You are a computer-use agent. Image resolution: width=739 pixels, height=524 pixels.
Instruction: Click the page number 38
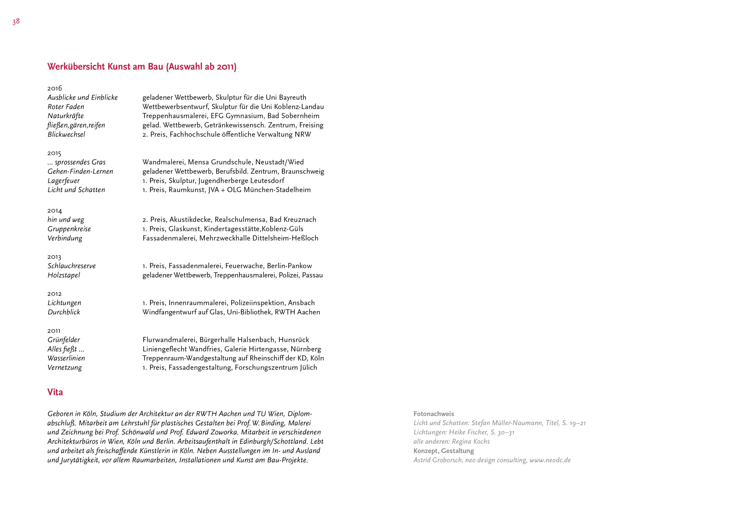pyautogui.click(x=16, y=22)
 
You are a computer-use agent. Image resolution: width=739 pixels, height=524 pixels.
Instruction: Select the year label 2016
pyautogui.click(x=55, y=88)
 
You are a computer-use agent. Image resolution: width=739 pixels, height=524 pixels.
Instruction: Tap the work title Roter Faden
pyautogui.click(x=66, y=107)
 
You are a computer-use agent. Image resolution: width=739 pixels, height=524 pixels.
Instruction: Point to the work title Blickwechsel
pyautogui.click(x=67, y=135)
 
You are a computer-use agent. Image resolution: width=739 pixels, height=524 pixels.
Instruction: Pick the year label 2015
pyautogui.click(x=54, y=153)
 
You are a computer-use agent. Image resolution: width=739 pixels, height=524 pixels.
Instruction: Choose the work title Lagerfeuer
pyautogui.click(x=64, y=181)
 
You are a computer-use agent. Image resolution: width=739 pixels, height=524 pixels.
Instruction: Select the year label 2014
pyautogui.click(x=55, y=211)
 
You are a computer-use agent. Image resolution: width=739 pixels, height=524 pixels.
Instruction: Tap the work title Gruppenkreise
pyautogui.click(x=69, y=229)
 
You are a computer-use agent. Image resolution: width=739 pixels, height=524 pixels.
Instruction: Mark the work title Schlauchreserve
pyautogui.click(x=72, y=266)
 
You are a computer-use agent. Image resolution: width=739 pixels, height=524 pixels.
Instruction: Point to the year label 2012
pyautogui.click(x=54, y=294)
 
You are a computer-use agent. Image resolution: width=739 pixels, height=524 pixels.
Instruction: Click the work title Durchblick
pyautogui.click(x=64, y=312)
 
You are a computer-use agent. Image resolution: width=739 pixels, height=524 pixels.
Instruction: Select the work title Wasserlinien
pyautogui.click(x=66, y=358)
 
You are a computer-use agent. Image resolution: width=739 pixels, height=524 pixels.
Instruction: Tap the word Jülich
pyautogui.click(x=308, y=368)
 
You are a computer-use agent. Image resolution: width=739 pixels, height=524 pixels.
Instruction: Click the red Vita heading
pyautogui.click(x=55, y=392)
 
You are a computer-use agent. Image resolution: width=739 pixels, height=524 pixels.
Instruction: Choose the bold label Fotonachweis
pyautogui.click(x=434, y=414)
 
